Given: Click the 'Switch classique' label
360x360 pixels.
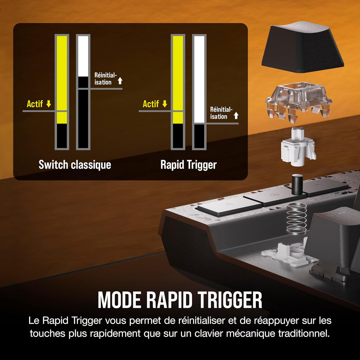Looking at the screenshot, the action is pyautogui.click(x=75, y=165).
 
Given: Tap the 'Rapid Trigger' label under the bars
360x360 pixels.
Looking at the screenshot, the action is pyautogui.click(x=188, y=165).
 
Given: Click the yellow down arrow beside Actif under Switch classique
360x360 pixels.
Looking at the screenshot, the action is pyautogui.click(x=49, y=104).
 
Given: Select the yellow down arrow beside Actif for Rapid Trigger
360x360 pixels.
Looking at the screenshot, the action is pyautogui.click(x=165, y=104).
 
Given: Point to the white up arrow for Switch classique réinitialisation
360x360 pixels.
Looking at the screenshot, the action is pyautogui.click(x=120, y=81).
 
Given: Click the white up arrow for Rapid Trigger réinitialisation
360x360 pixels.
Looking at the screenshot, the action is pyautogui.click(x=236, y=115).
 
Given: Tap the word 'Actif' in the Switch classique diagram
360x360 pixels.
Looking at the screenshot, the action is pyautogui.click(x=35, y=104).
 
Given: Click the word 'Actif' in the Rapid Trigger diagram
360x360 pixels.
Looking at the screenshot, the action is pyautogui.click(x=151, y=104).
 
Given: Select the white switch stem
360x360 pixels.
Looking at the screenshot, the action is pyautogui.click(x=298, y=147).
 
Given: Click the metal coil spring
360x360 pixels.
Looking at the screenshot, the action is pyautogui.click(x=296, y=219).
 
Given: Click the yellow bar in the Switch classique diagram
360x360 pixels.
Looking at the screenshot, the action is pyautogui.click(x=62, y=80).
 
